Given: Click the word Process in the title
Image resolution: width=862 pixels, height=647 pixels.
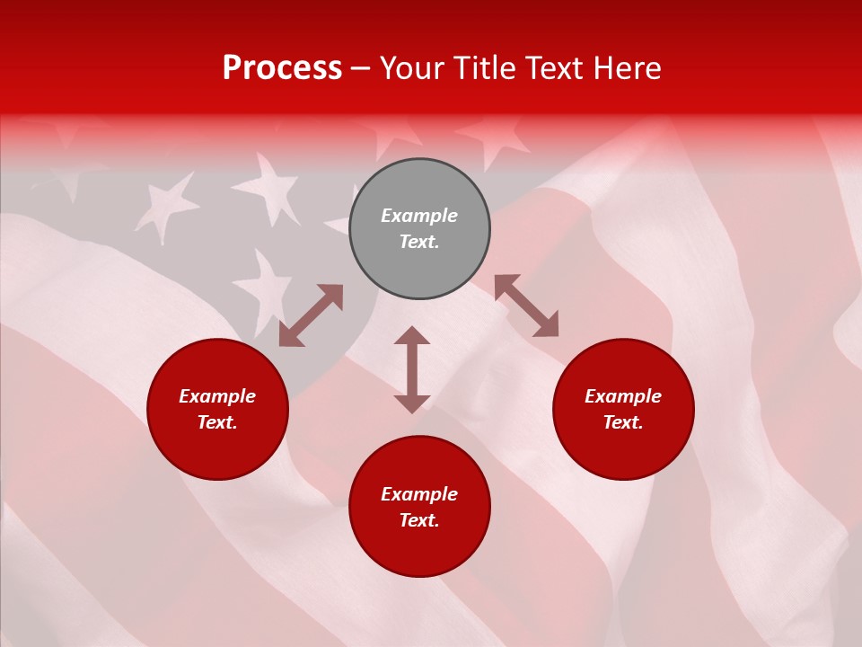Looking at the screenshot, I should point(282,68).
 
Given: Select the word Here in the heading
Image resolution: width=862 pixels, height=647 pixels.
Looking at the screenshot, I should point(626,68).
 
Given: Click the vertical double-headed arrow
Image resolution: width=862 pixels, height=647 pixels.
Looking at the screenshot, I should point(412,369).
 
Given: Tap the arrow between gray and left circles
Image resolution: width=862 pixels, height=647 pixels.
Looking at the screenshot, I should point(311,315).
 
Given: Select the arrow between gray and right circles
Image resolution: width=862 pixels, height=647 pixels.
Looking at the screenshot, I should point(526,306).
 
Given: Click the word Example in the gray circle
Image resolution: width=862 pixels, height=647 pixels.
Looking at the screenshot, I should point(419,216).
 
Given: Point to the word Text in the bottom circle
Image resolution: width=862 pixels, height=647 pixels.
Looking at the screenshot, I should point(419,520).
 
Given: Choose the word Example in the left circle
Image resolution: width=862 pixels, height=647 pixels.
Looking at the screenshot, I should point(217,396).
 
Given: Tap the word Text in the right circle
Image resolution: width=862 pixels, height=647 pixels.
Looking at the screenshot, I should point(623,422).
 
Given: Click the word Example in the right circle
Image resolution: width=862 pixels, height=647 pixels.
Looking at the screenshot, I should point(623,396).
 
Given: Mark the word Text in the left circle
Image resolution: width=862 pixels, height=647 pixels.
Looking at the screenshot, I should point(217,422).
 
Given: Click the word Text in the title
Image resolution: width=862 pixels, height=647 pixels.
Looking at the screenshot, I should point(555,68).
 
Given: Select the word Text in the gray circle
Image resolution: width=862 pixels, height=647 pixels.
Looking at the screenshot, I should point(419,242).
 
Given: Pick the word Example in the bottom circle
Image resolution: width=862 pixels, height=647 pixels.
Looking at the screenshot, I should point(419,494).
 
